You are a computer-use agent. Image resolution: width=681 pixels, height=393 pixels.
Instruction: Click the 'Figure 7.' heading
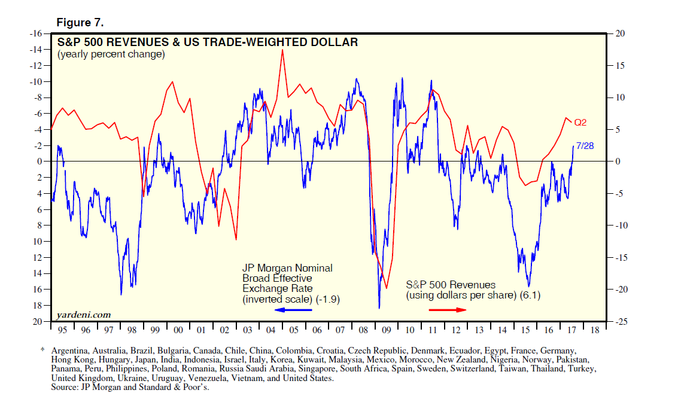80,23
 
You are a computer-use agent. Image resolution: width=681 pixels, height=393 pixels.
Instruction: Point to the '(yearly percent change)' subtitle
111,54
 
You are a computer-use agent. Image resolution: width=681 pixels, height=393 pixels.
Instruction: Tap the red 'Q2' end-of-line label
580,123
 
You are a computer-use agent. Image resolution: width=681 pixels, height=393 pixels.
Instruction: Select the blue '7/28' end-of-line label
584,145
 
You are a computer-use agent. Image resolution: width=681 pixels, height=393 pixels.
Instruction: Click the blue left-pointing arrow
293,310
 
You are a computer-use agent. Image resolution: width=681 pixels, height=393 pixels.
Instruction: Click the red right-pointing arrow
448,310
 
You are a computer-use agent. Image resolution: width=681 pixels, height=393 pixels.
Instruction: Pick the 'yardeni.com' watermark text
83,314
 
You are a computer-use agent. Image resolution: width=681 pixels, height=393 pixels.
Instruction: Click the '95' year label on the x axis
62,330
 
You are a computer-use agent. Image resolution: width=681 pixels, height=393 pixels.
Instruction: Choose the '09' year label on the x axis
386,330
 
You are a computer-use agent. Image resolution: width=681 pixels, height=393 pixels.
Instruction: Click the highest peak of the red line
282,50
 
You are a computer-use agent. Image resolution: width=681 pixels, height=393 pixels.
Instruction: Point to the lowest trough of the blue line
379,308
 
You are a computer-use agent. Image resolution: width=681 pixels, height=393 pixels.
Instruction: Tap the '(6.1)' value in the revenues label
531,295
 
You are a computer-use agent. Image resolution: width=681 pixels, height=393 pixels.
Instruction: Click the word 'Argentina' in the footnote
70,350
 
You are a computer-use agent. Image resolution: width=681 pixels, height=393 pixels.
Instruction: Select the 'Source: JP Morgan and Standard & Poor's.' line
130,388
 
